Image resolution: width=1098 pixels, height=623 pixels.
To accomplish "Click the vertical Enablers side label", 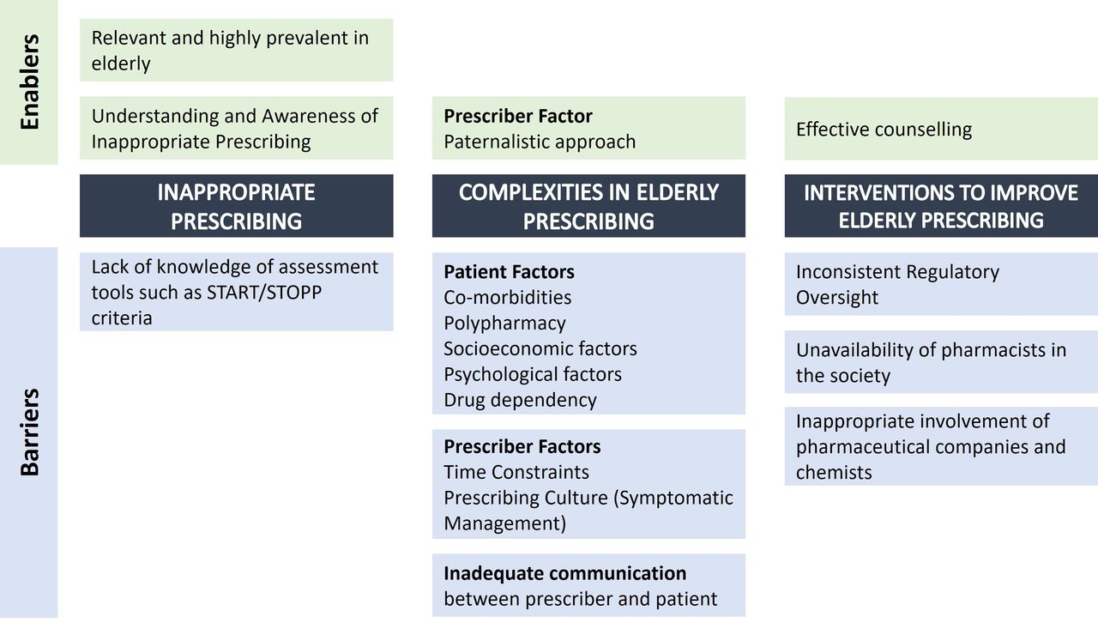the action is click(x=29, y=82).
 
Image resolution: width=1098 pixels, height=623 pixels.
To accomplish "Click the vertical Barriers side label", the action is click(x=29, y=432).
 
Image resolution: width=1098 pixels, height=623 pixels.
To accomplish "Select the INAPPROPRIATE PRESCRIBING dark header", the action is click(x=236, y=206).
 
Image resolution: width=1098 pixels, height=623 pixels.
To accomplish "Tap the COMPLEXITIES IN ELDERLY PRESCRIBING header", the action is click(x=588, y=206).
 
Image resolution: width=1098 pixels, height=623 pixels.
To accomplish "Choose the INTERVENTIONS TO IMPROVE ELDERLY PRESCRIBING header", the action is click(x=941, y=206).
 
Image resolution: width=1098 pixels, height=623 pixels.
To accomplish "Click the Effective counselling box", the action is click(x=941, y=129).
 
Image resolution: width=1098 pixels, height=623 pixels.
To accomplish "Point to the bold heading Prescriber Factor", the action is click(x=518, y=116).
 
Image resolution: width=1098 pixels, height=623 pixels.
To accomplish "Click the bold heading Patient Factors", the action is click(x=509, y=272).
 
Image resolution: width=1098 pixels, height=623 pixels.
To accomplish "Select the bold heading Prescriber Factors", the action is click(x=522, y=446).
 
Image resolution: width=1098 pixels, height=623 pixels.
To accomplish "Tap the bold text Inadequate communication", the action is click(x=564, y=573).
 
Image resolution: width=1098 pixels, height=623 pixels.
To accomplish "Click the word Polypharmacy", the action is click(x=504, y=324).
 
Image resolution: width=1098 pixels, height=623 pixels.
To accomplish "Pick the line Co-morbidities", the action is click(x=507, y=297).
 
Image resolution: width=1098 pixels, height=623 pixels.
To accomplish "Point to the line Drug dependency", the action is click(x=520, y=400).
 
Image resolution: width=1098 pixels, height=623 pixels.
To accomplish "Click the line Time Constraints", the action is click(x=516, y=472).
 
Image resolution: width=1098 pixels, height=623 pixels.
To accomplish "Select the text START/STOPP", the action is click(x=264, y=293).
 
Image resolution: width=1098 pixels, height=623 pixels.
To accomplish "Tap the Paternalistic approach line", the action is click(x=540, y=142).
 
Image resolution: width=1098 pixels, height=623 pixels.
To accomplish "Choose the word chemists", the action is click(x=834, y=473).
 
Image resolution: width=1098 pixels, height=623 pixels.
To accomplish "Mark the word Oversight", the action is click(x=836, y=298).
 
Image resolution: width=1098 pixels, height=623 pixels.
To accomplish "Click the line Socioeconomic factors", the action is click(x=540, y=348).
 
